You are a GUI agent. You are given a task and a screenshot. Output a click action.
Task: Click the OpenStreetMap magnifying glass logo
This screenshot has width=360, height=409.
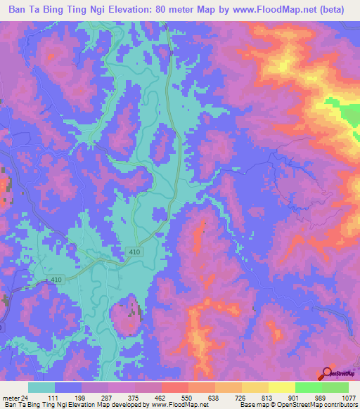328,373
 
